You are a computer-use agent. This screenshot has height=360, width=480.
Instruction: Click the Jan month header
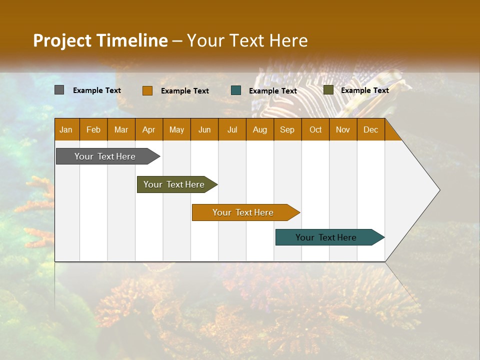(66, 129)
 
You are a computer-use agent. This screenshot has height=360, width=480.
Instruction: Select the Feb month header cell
(93, 129)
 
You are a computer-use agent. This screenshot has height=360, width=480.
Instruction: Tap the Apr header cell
(149, 129)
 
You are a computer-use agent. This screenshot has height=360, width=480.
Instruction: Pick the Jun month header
(204, 129)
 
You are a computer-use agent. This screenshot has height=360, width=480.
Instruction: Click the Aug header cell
(260, 129)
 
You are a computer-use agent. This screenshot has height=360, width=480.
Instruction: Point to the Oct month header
(315, 129)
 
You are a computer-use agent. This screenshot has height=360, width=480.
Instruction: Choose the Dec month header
(370, 129)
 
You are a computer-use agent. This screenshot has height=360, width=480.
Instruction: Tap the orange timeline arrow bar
(243, 212)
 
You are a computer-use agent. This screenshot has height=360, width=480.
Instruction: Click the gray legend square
(59, 90)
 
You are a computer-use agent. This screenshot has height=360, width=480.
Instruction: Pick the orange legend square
(147, 90)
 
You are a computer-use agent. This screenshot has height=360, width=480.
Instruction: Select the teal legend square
(236, 90)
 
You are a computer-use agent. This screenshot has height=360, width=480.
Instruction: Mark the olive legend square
(328, 90)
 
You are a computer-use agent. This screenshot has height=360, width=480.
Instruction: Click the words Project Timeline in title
(100, 40)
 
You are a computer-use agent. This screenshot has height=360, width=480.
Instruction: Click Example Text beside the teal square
(273, 91)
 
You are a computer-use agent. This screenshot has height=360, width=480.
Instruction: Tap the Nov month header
(343, 129)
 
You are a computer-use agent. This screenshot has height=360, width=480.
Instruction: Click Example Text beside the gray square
(97, 90)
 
